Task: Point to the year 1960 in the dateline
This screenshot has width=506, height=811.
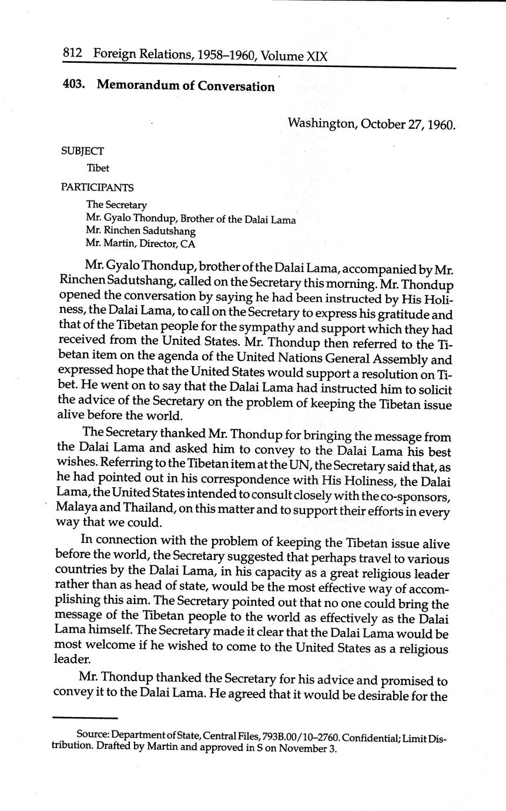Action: (441, 125)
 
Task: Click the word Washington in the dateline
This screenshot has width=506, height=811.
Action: (321, 124)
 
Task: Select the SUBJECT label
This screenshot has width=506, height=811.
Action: (82, 151)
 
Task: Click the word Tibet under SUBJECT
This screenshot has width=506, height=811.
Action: (98, 168)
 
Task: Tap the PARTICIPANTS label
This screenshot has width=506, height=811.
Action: (97, 187)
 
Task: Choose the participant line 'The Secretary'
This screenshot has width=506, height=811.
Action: (116, 205)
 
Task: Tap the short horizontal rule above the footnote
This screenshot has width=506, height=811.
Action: (85, 718)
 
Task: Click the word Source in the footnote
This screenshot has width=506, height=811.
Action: (92, 736)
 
